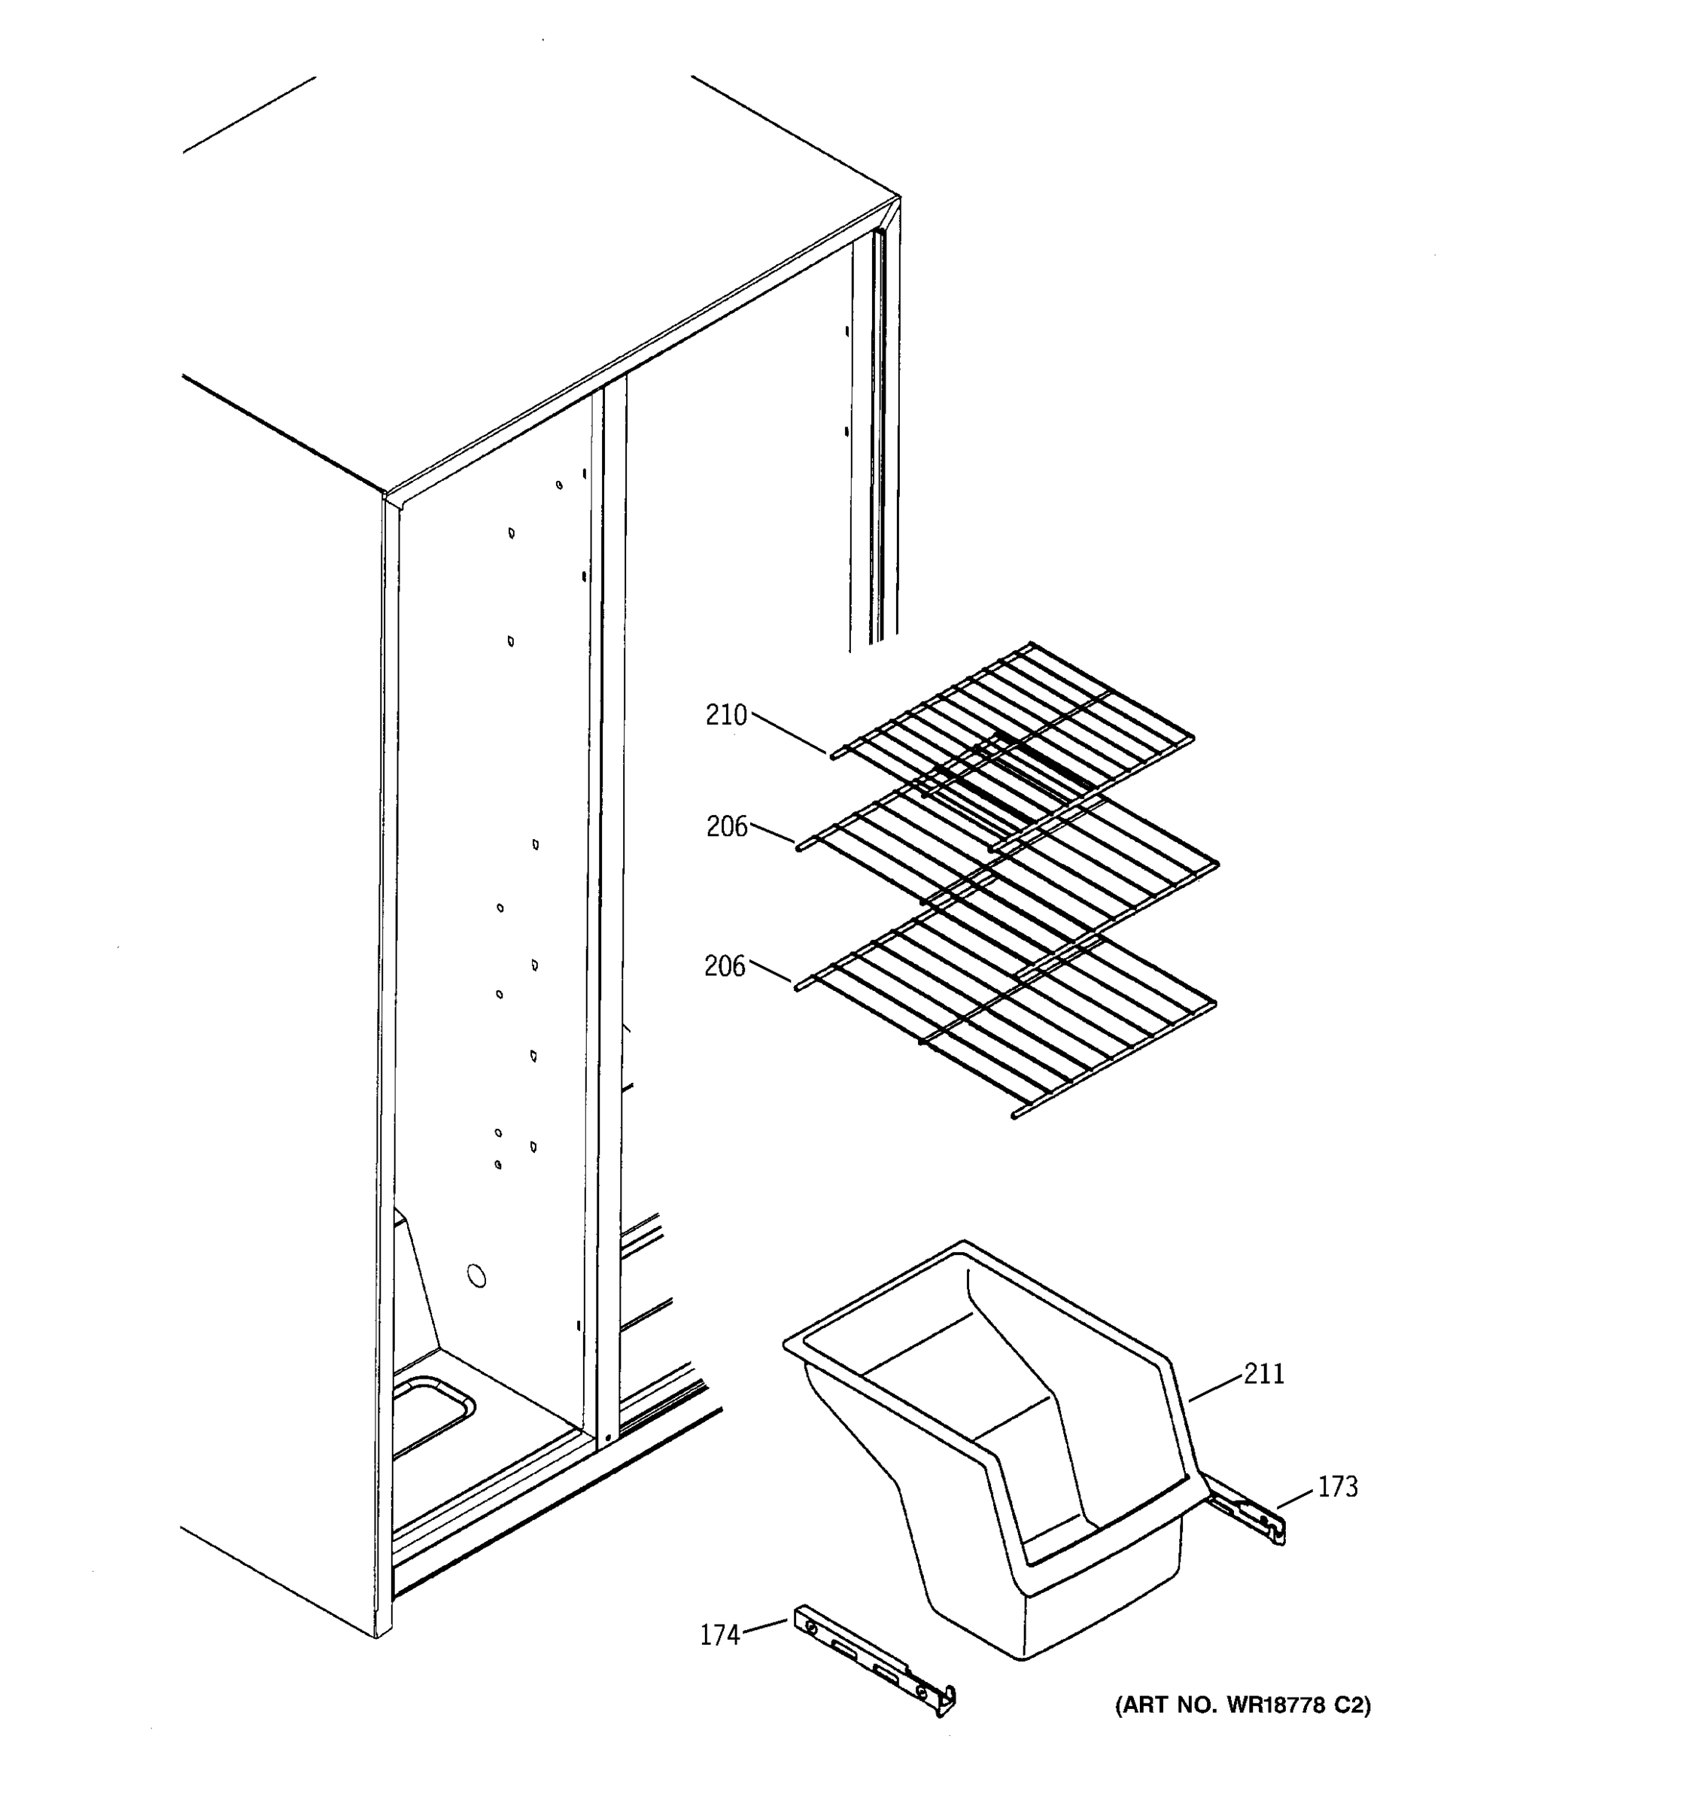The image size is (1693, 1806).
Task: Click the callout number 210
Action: [x=725, y=716]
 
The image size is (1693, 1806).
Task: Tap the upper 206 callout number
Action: [x=727, y=827]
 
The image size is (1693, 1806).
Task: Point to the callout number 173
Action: [x=1338, y=1487]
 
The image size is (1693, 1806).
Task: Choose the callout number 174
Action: [x=719, y=1635]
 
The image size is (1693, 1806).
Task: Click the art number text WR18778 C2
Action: [x=1242, y=1705]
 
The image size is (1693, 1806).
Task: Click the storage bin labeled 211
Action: [x=999, y=1454]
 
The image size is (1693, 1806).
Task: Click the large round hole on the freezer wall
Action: [x=476, y=1276]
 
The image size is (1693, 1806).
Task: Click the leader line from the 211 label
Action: [x=1215, y=1390]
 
